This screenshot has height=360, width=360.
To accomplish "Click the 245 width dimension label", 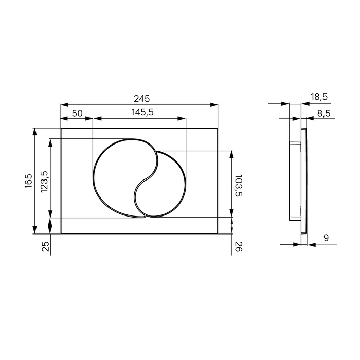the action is point(141,99).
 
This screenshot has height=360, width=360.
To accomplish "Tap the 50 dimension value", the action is point(77,113).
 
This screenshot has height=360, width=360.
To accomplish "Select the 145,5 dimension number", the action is point(142,112).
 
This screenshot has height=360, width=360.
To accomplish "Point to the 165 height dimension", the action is point(29,181).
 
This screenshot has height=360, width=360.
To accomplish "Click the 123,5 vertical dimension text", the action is point(44,182).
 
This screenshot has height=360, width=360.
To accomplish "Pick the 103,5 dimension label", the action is point(239,186).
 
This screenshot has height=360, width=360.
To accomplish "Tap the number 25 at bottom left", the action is point(46,246).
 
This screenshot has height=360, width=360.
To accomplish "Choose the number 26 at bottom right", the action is point(238,246).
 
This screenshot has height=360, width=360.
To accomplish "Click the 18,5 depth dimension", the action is point(319,97).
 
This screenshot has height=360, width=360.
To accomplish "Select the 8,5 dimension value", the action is point(323,113).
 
